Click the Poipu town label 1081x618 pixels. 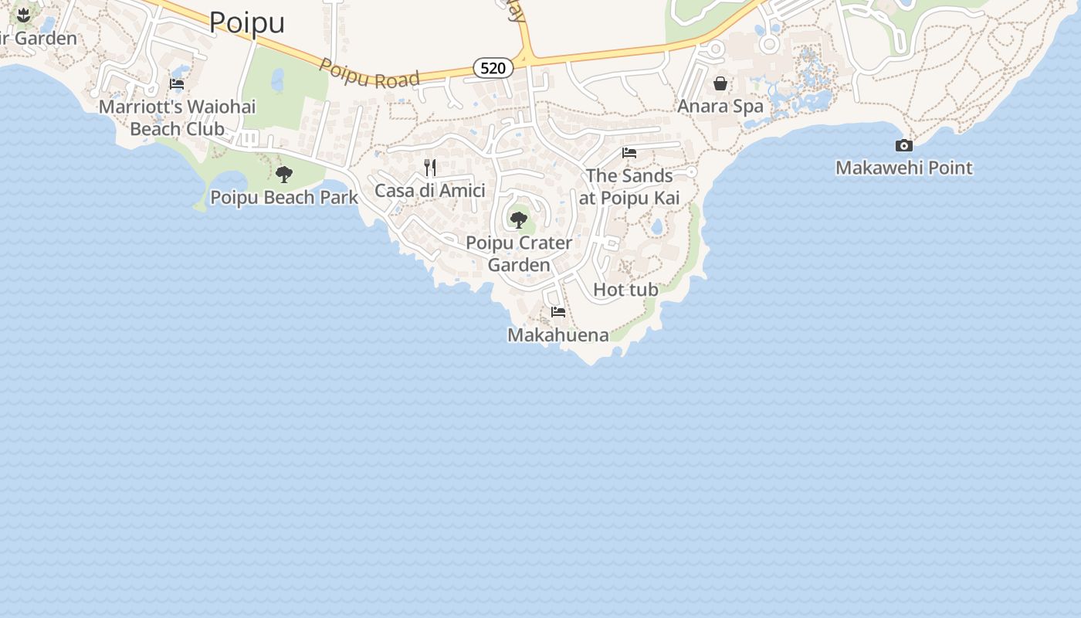pyautogui.click(x=247, y=22)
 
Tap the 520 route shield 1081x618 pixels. pyautogui.click(x=493, y=68)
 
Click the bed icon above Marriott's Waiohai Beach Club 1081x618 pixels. pyautogui.click(x=177, y=84)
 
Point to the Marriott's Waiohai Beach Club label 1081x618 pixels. pyautogui.click(x=177, y=117)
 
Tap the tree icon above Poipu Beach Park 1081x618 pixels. pyautogui.click(x=284, y=175)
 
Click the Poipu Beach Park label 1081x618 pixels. pyautogui.click(x=284, y=198)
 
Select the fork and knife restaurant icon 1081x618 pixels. pyautogui.click(x=430, y=167)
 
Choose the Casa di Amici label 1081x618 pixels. pyautogui.click(x=430, y=190)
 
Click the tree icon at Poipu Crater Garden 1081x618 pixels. pyautogui.click(x=519, y=220)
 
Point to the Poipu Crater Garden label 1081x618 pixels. pyautogui.click(x=519, y=253)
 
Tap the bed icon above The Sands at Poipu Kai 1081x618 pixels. pyautogui.click(x=629, y=153)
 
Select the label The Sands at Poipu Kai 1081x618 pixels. pyautogui.click(x=629, y=187)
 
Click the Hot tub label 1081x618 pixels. pyautogui.click(x=625, y=290)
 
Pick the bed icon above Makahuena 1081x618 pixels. pyautogui.click(x=558, y=312)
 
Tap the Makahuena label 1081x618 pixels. pyautogui.click(x=558, y=334)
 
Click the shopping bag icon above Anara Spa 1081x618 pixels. pyautogui.click(x=720, y=83)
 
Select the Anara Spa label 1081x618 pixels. pyautogui.click(x=720, y=106)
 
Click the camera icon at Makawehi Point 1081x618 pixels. pyautogui.click(x=904, y=145)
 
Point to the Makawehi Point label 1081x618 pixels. pyautogui.click(x=904, y=168)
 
